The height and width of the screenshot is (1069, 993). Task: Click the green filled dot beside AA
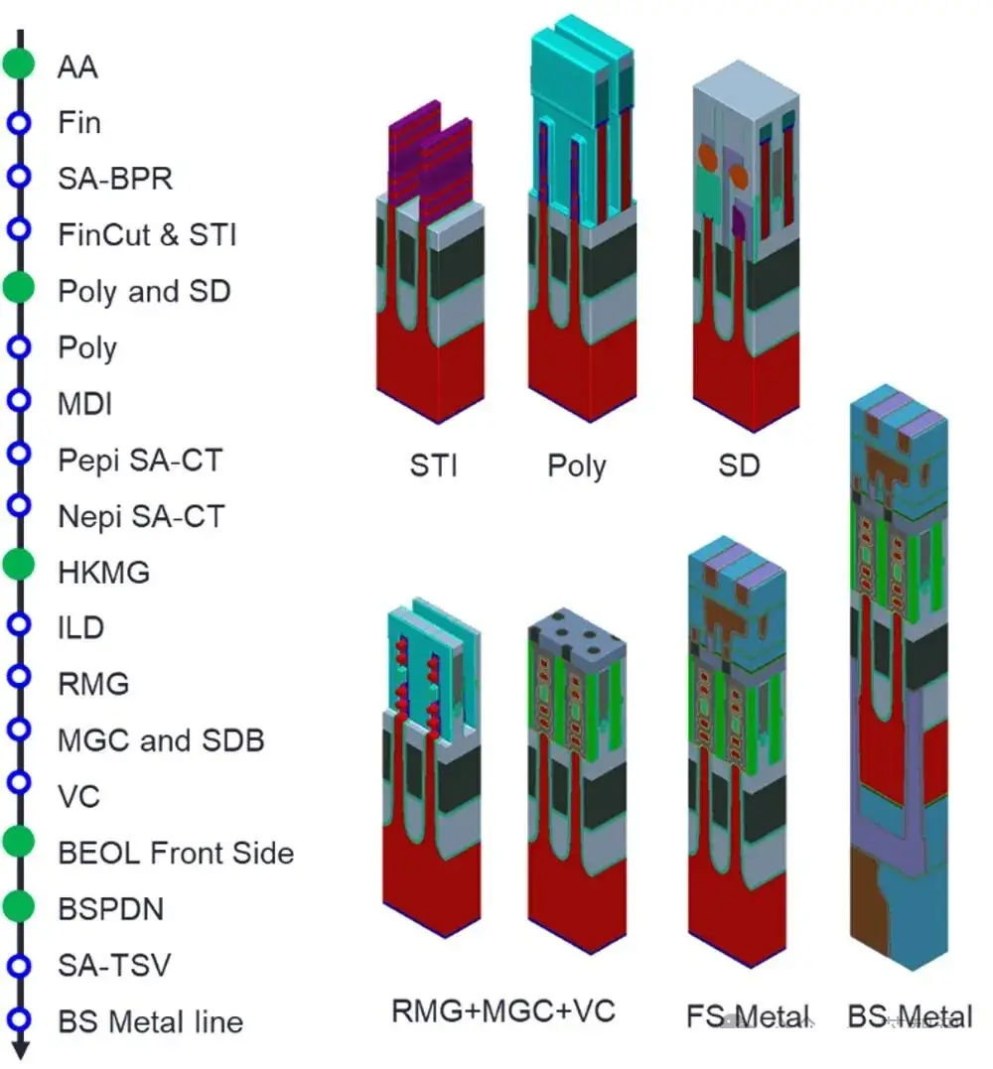click(19, 64)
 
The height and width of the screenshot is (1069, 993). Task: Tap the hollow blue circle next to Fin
click(19, 123)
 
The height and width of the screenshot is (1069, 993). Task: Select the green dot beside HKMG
click(19, 565)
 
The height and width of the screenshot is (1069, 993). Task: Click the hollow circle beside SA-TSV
click(19, 966)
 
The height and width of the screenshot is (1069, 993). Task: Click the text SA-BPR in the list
click(115, 179)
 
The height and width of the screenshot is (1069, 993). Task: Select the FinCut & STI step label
click(147, 235)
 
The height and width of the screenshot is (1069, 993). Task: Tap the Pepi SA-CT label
click(140, 461)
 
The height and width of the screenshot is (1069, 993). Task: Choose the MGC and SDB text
click(161, 740)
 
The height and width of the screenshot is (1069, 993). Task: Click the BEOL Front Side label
click(176, 853)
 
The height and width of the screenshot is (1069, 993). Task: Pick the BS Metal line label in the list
click(151, 1022)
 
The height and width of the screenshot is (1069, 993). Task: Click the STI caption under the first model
click(434, 467)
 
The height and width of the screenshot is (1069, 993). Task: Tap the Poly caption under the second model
click(577, 468)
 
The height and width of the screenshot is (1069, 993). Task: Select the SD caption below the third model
click(740, 467)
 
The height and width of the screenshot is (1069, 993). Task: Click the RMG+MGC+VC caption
click(503, 1011)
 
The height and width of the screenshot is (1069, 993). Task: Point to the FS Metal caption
click(749, 1016)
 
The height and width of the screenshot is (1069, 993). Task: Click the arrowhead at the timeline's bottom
click(20, 1050)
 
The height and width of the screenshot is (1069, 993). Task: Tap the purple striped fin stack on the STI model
click(431, 164)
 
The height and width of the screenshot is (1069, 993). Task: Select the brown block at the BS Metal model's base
click(868, 900)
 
